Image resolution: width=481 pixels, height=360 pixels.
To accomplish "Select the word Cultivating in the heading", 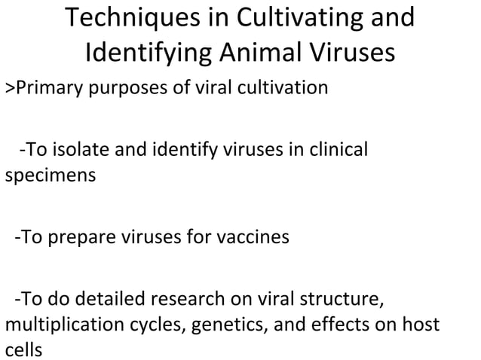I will pos(293,19).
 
